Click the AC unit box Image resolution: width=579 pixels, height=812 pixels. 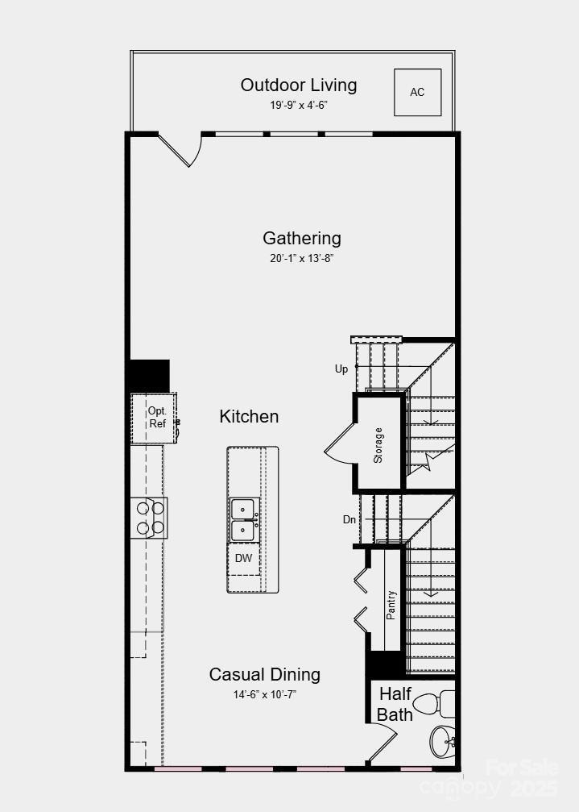tap(417, 92)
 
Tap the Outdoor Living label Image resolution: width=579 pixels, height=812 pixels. tap(299, 85)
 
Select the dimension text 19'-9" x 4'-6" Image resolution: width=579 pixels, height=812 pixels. tap(299, 106)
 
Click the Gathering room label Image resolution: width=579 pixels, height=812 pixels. tap(302, 239)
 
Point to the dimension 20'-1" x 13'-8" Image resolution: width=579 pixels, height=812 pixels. tap(302, 259)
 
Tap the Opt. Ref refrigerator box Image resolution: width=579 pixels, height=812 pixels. tap(155, 418)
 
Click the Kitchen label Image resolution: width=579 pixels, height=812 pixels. tap(250, 417)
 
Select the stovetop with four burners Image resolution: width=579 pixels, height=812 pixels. tap(150, 518)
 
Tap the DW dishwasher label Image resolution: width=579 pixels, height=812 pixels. tap(243, 558)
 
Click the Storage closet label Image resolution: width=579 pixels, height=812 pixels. tap(378, 445)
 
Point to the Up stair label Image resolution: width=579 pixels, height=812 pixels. tap(341, 369)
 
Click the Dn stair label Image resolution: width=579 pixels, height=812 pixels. tap(349, 520)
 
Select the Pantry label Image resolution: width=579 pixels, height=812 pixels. tap(391, 604)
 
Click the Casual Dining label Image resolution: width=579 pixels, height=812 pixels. tap(265, 674)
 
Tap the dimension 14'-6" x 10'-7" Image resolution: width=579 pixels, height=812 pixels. tap(265, 694)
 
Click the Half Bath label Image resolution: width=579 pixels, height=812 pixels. tap(395, 704)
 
